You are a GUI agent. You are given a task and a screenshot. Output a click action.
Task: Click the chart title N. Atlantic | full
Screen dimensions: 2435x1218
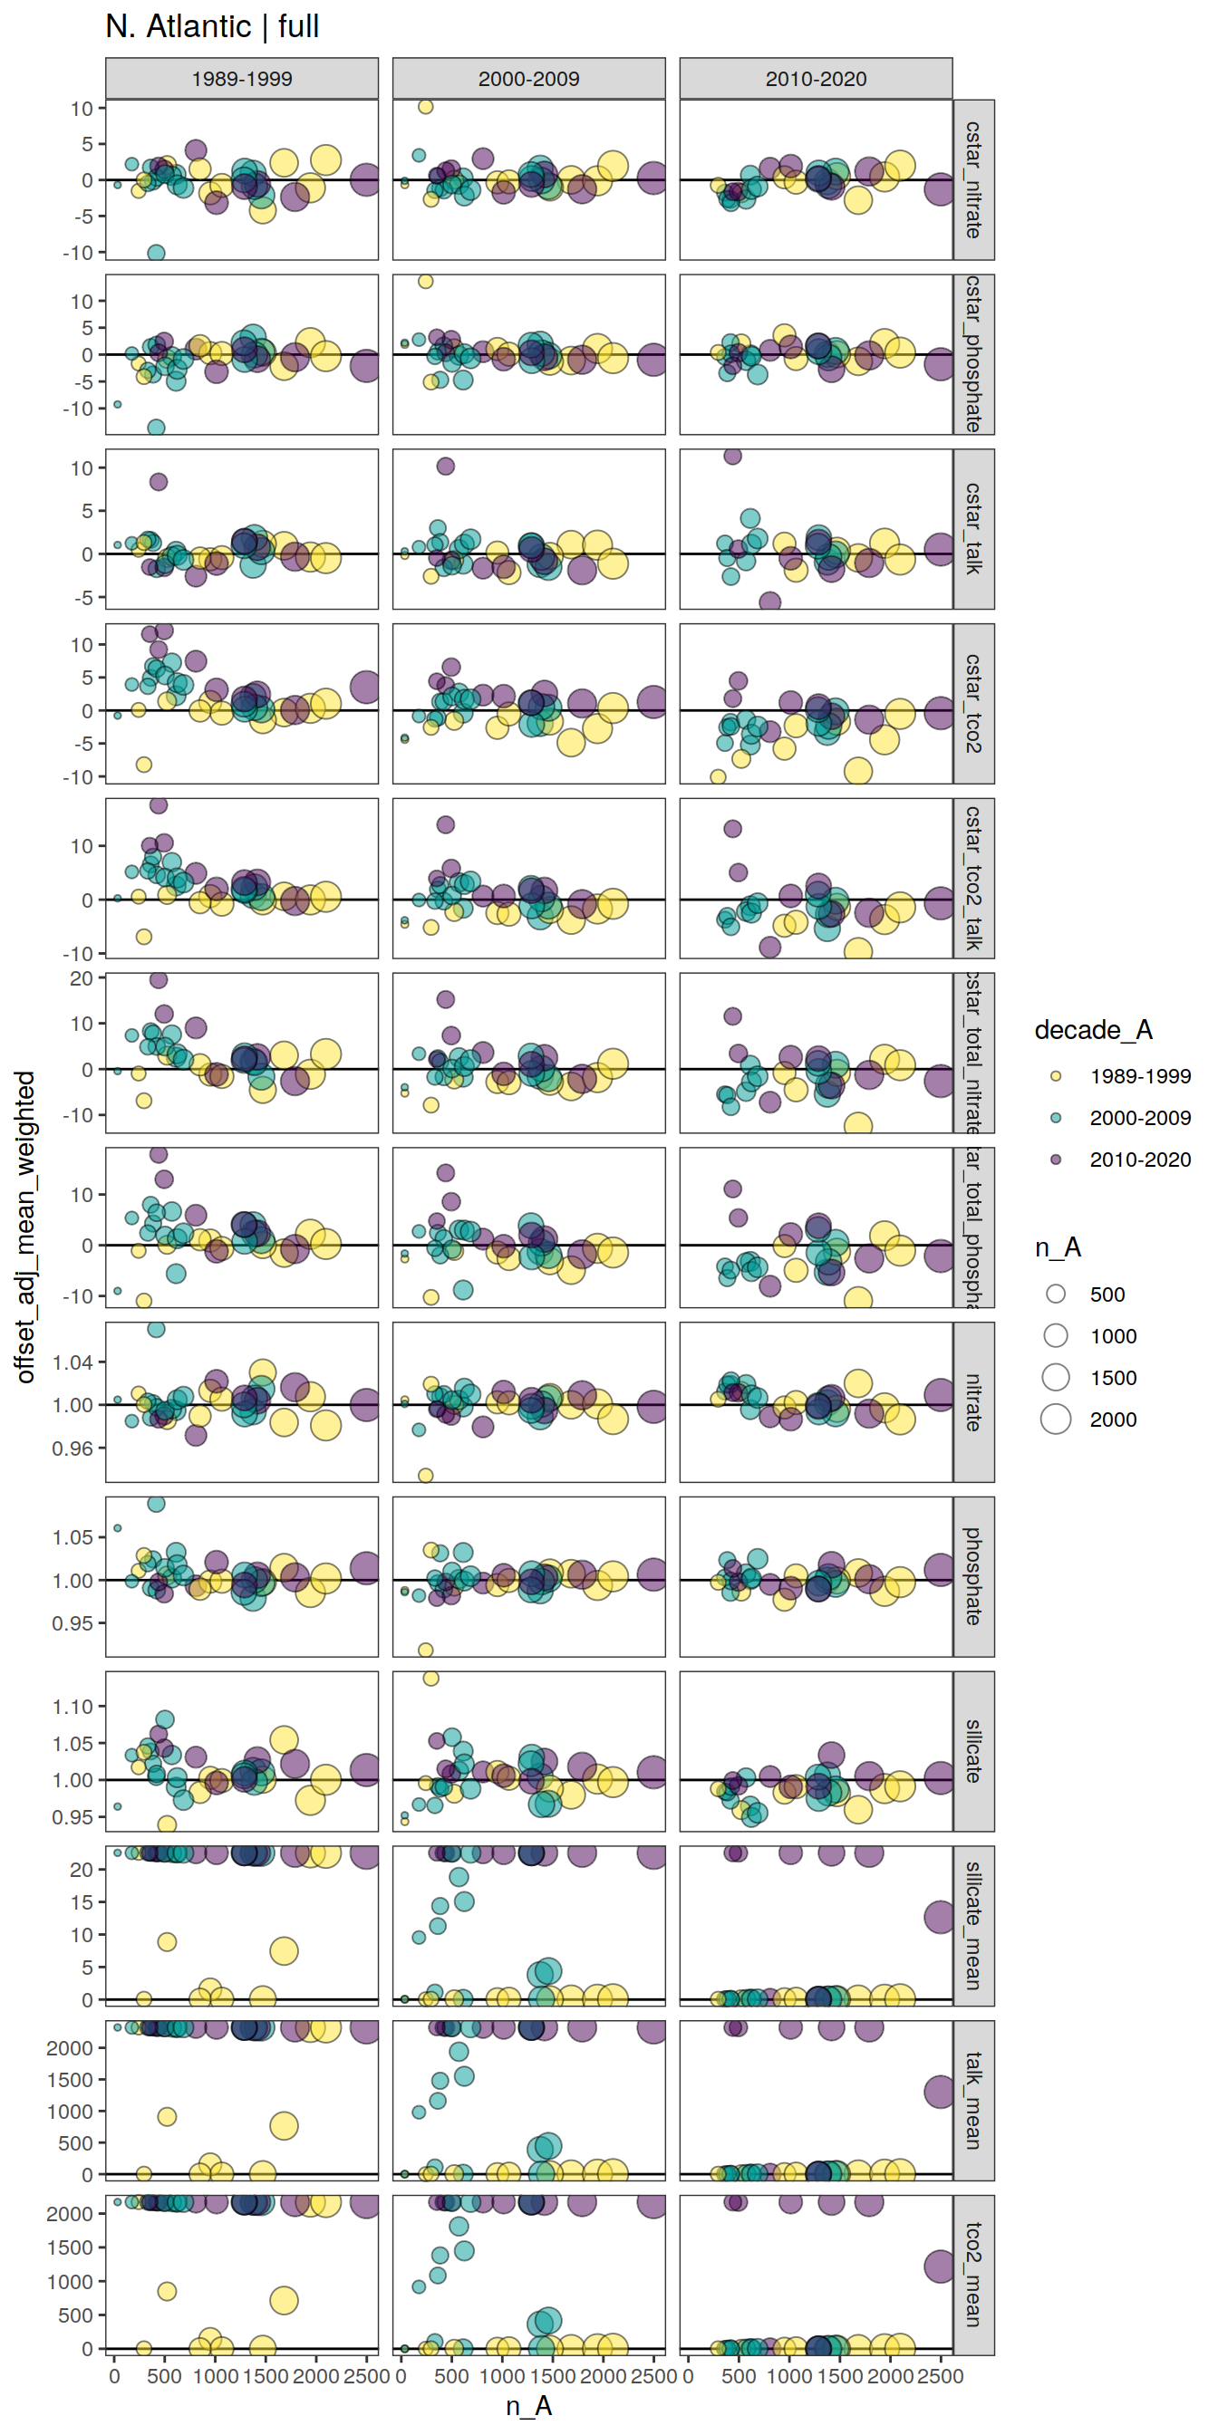212,26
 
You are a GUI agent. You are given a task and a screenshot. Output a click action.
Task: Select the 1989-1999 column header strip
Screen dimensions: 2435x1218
241,79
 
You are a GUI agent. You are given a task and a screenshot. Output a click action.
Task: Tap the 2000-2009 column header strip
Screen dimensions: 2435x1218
528,79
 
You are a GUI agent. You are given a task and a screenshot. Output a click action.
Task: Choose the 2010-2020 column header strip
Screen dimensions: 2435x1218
815,79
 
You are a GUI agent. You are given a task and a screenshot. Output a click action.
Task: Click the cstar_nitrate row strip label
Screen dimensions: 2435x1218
973,179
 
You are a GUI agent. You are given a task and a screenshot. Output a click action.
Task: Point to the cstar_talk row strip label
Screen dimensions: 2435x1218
973,528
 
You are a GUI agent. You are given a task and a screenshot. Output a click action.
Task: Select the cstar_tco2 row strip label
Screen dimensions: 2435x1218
973,703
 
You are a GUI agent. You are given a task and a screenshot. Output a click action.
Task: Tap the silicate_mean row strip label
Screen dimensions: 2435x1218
973,1926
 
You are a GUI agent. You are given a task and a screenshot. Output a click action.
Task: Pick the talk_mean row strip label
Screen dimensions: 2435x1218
973,2101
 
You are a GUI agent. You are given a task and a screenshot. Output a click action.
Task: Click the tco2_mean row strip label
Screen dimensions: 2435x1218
973,2275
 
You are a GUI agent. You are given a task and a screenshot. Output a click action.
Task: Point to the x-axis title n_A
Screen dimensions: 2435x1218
528,2407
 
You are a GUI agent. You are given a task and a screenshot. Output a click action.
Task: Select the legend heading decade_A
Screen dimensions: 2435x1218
1093,1030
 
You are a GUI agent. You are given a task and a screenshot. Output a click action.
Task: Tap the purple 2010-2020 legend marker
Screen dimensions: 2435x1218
1057,1159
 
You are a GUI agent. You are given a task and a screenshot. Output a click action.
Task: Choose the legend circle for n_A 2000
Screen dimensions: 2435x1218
1057,1419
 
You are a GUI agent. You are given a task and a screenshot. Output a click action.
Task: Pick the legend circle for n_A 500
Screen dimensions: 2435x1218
1057,1294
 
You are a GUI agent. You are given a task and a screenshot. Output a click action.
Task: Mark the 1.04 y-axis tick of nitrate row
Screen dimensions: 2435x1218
72,1362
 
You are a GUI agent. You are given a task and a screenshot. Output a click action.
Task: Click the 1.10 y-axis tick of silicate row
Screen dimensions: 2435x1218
72,1708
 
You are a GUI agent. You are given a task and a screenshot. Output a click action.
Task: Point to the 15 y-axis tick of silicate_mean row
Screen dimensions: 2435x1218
82,1901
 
